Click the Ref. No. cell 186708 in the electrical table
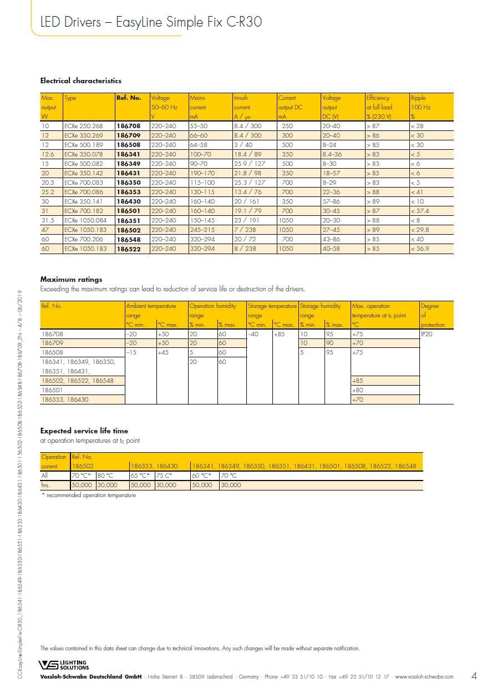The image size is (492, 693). tap(128, 126)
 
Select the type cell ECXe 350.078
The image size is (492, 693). tap(84, 154)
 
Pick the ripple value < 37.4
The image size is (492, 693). tap(420, 211)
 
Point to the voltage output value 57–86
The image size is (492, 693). tap(331, 201)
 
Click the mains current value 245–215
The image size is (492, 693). tap(202, 230)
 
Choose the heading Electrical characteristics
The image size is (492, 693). tap(81, 81)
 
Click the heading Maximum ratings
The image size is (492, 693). tap(72, 279)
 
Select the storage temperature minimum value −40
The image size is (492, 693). tap(253, 334)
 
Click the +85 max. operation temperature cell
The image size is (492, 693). tap(358, 381)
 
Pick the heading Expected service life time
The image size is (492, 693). tap(84, 431)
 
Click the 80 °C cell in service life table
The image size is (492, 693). tap(105, 476)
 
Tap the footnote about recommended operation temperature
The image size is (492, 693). tap(89, 495)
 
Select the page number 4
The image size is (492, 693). tap(474, 676)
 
